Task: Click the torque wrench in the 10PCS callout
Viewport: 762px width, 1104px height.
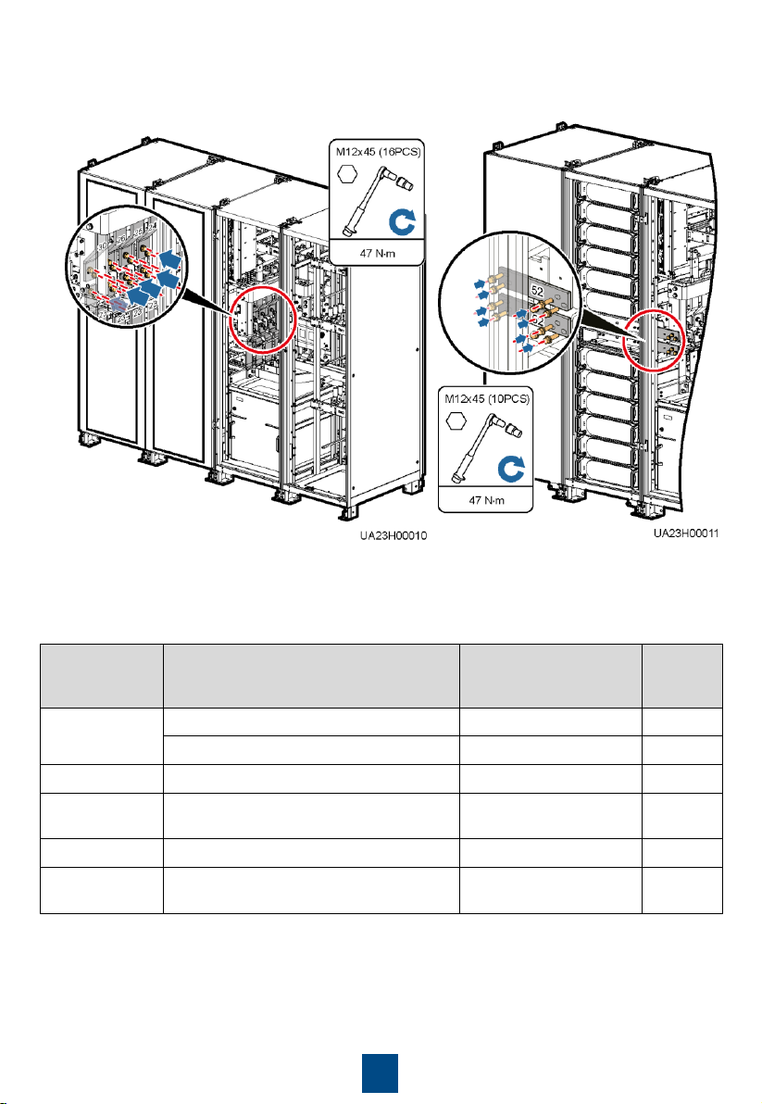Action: [481, 445]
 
